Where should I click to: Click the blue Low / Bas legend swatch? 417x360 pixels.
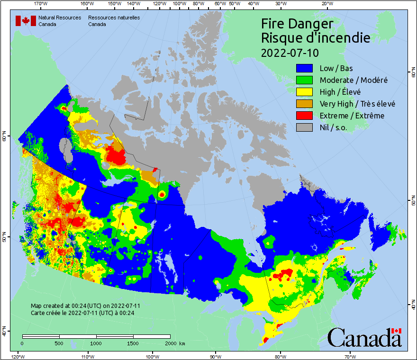[x=305, y=68]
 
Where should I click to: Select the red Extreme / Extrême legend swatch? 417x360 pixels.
[x=305, y=116]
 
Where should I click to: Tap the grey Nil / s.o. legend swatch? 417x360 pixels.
[x=305, y=127]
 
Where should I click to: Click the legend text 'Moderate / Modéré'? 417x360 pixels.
[x=354, y=80]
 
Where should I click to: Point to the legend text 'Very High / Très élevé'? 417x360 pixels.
[x=357, y=104]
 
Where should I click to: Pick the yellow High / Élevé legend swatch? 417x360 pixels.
[x=305, y=92]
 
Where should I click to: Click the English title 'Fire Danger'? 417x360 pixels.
[x=297, y=24]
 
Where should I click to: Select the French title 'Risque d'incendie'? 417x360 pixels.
[x=316, y=38]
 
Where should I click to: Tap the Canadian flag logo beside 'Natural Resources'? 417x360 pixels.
[x=26, y=21]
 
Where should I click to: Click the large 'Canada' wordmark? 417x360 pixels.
[x=364, y=338]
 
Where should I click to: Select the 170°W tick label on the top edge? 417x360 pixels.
[x=41, y=4]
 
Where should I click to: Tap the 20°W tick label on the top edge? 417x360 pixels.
[x=326, y=4]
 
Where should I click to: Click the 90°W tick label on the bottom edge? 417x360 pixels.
[x=215, y=356]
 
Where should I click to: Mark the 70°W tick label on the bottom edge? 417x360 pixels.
[x=350, y=356]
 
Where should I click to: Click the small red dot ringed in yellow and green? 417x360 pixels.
[x=162, y=194]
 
